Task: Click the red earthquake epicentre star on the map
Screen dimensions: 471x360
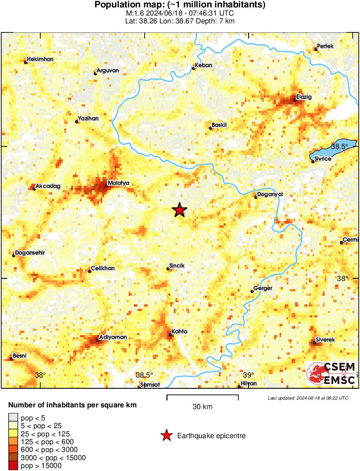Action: tap(179, 210)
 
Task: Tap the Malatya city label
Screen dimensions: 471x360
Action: tap(118, 183)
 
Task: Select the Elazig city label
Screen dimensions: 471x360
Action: tap(304, 97)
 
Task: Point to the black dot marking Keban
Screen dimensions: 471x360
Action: tap(194, 68)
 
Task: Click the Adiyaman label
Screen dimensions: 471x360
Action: tap(113, 337)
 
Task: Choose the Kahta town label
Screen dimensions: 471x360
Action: tap(179, 332)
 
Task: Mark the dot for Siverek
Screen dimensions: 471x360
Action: tap(315, 343)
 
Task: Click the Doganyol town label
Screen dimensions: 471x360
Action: tap(270, 195)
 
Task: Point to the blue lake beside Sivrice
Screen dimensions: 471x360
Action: tap(333, 149)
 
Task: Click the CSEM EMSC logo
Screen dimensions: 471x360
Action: tap(332, 374)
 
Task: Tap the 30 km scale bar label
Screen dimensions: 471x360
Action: tap(202, 407)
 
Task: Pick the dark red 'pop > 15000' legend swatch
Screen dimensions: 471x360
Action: tap(13, 466)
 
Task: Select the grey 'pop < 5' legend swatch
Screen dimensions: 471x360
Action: tap(13, 418)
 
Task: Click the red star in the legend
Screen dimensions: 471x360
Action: tap(166, 436)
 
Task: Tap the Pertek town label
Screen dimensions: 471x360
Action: tap(326, 46)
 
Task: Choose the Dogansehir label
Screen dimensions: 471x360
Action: tap(30, 253)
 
